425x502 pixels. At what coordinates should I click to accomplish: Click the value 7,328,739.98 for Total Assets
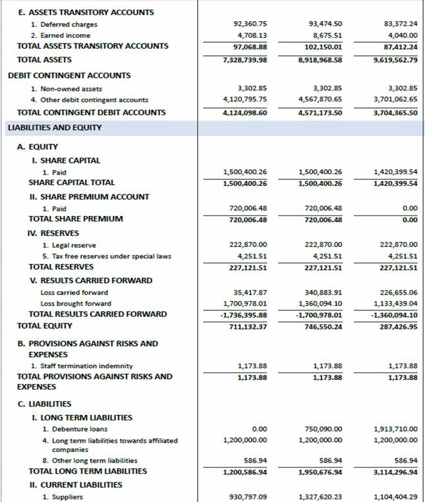pos(245,60)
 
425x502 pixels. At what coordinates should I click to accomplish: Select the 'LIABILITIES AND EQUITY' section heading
pos(55,127)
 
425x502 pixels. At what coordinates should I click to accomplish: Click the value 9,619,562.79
pos(395,60)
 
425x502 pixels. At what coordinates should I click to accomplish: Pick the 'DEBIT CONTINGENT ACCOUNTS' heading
pos(69,75)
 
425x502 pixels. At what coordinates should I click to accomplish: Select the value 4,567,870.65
pos(320,99)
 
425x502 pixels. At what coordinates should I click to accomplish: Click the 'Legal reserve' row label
pos(69,245)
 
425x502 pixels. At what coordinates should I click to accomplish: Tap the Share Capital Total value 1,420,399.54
pos(395,182)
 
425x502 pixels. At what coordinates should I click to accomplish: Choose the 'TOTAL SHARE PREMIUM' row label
pos(76,219)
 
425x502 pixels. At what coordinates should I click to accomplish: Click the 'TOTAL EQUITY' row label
pos(45,325)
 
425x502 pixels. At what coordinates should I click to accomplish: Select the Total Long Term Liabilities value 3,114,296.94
pos(395,472)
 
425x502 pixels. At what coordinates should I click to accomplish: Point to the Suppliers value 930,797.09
pos(248,497)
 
